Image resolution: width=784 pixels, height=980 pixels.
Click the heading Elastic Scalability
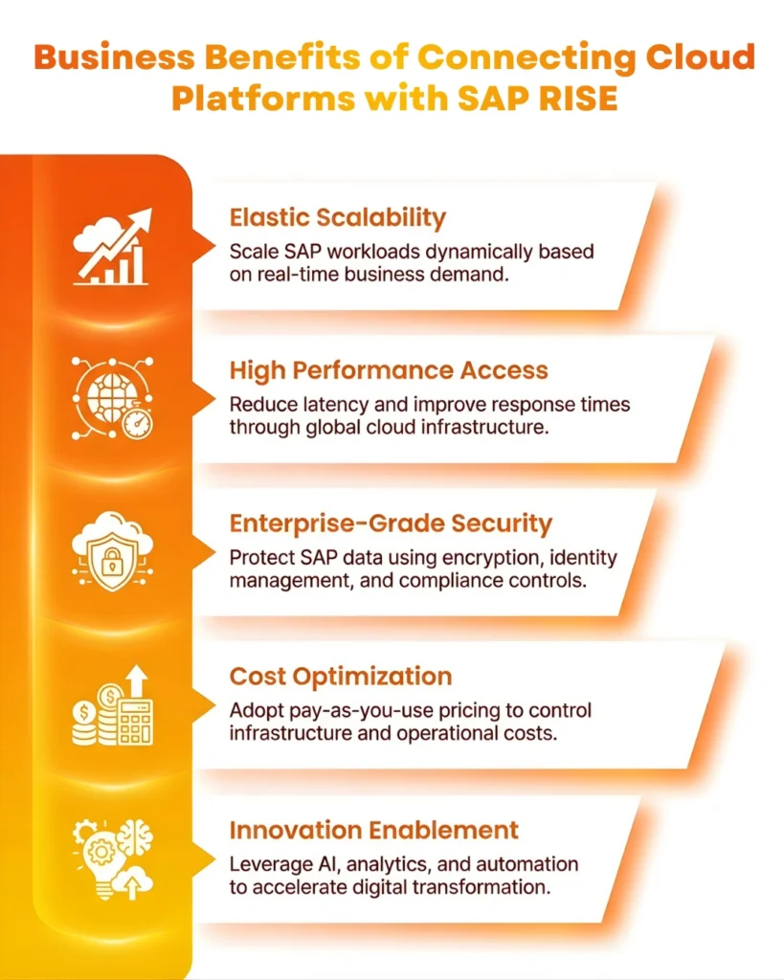point(338,218)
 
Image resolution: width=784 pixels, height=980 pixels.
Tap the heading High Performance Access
point(389,370)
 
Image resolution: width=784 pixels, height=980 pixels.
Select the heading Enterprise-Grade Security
point(391,523)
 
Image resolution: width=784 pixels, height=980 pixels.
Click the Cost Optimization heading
point(341,677)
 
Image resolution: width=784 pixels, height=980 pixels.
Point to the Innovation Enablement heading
point(374,830)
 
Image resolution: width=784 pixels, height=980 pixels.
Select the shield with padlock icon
point(112,552)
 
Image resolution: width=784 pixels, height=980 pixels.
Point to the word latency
point(326,404)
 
